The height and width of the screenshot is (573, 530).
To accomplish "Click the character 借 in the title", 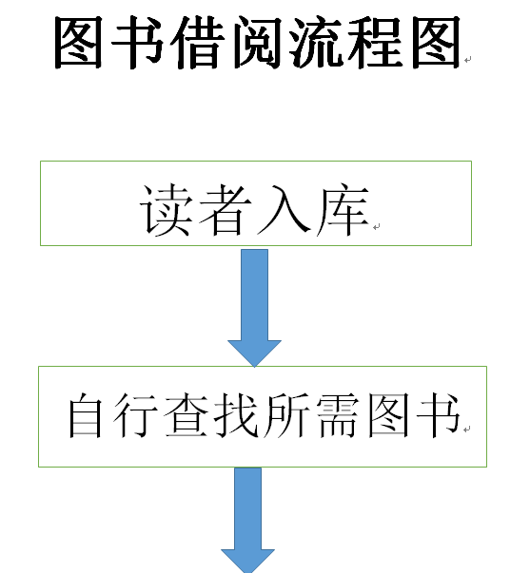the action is click(x=198, y=43).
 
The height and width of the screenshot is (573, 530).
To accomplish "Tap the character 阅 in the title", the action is click(x=257, y=43).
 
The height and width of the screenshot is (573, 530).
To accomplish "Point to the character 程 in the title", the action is click(x=375, y=43).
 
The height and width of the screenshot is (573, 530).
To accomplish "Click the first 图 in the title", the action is click(x=78, y=43).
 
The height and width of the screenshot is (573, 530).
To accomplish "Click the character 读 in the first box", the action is click(x=166, y=210).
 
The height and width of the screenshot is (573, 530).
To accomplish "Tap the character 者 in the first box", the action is click(x=225, y=210).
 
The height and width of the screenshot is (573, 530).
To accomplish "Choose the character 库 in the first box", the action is click(x=343, y=210).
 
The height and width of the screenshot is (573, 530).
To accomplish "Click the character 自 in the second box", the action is click(x=85, y=415).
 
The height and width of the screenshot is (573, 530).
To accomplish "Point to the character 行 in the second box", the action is click(x=135, y=415).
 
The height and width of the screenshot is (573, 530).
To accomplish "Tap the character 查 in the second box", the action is click(x=186, y=415).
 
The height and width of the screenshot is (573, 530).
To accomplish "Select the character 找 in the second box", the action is click(x=236, y=415).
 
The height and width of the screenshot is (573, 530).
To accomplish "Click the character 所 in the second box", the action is click(x=286, y=415).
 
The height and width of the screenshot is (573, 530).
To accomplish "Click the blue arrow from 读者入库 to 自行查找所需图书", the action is click(x=254, y=308).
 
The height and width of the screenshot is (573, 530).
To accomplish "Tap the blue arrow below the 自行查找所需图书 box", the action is click(x=247, y=520).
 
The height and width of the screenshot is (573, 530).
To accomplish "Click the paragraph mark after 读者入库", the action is click(x=376, y=227).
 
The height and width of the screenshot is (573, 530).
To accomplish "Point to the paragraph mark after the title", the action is click(x=468, y=60).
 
